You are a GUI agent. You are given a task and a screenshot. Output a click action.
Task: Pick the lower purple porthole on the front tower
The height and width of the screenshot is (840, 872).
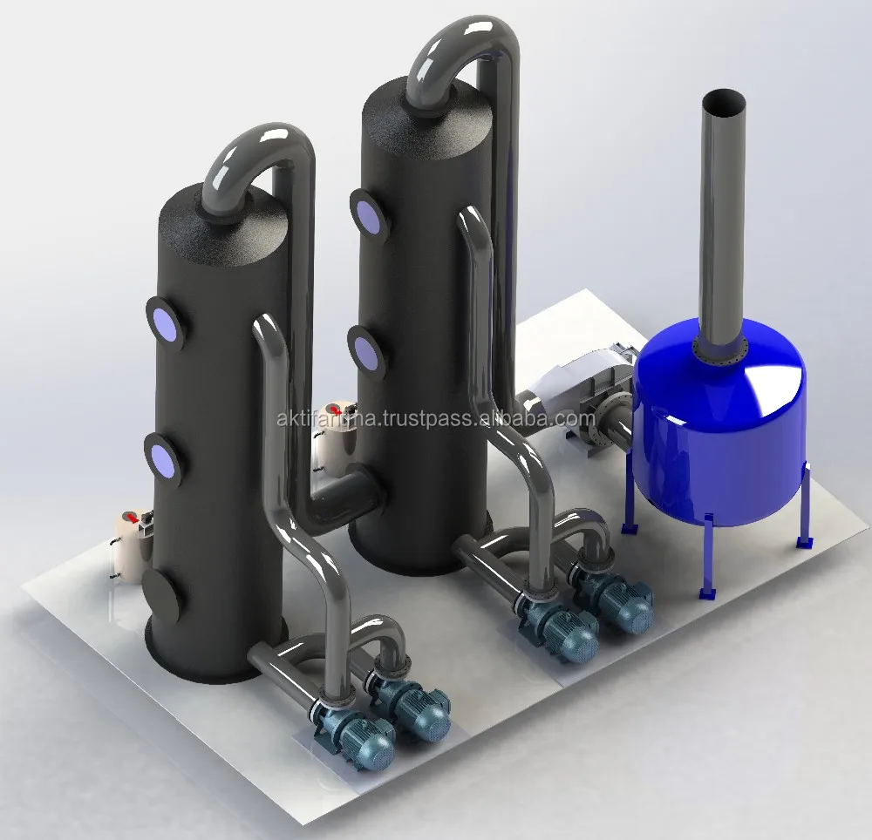pos(162,457)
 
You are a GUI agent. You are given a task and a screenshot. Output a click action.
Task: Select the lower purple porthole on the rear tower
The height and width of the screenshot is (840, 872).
pos(366,351)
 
